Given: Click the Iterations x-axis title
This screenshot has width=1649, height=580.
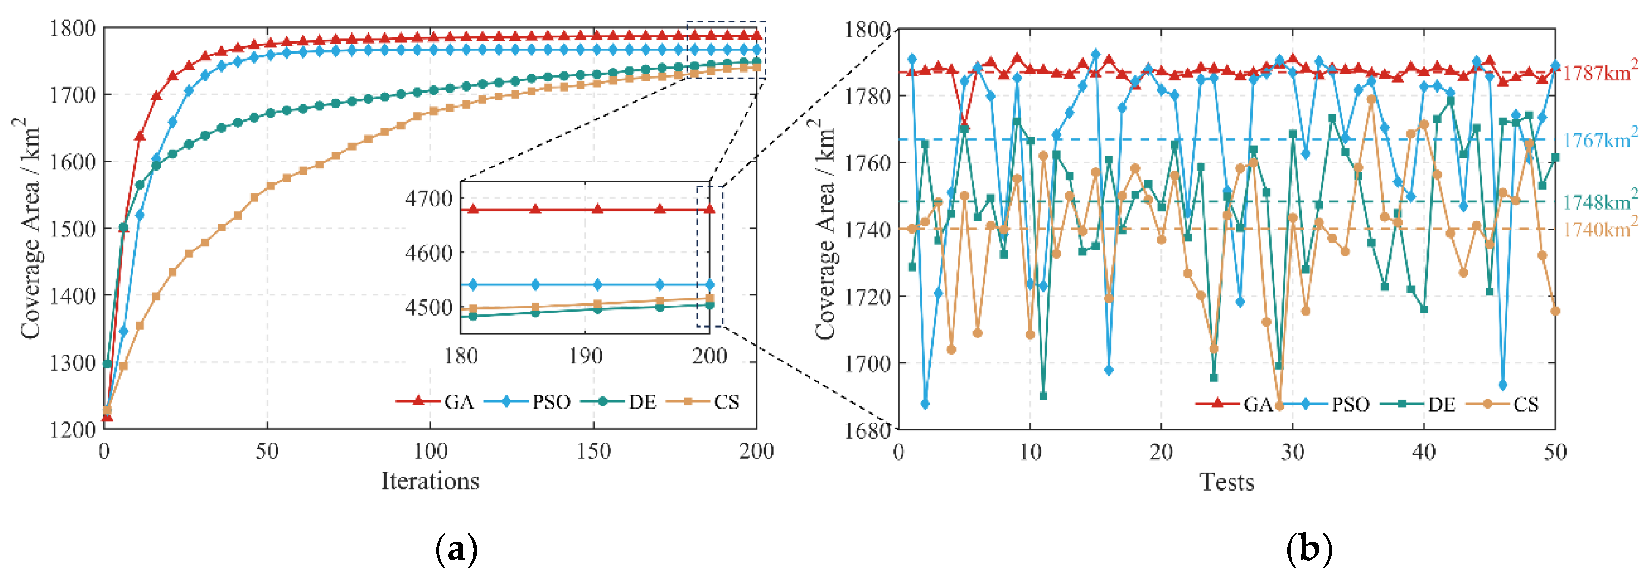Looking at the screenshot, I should (430, 481).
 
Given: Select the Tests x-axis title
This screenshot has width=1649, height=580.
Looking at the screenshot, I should (1227, 482).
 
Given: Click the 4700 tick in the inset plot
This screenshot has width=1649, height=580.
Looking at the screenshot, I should (429, 199).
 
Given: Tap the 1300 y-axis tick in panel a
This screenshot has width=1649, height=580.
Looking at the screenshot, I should (72, 363).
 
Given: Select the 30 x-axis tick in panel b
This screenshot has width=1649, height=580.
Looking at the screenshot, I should (1292, 453).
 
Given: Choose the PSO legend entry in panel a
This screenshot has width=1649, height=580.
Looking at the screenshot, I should (551, 402).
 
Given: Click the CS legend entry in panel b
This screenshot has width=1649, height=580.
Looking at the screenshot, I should (1525, 404).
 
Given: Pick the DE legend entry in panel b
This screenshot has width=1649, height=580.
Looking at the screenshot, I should (1441, 404).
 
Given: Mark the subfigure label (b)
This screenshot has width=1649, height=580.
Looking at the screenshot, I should (1309, 549).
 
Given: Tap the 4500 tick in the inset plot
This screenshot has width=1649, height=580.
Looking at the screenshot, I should (429, 308).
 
